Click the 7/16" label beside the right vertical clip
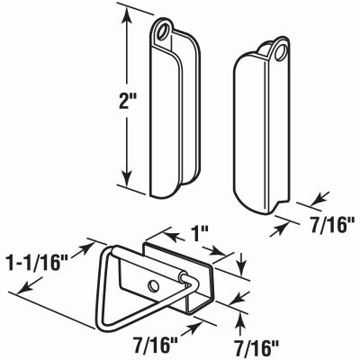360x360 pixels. point(332,225)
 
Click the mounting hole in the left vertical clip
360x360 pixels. point(164,31)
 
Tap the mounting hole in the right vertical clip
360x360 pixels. point(281,51)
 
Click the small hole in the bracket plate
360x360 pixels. point(154,286)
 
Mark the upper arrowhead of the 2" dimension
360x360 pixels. point(128,15)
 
